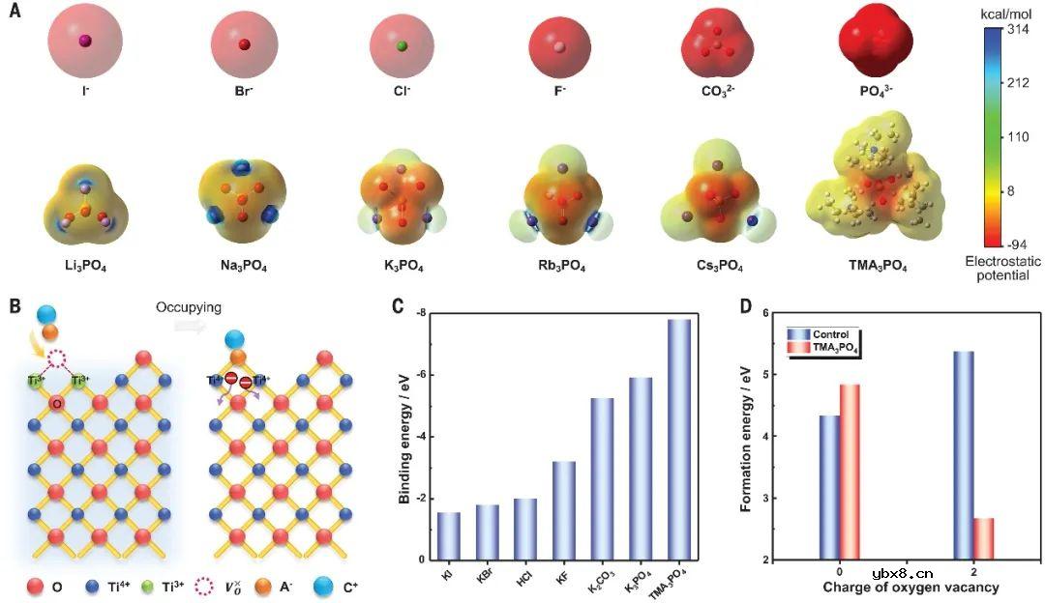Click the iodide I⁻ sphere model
click(x=84, y=42)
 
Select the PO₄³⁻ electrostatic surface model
click(x=875, y=43)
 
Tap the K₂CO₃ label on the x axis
click(x=600, y=580)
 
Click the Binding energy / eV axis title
click(x=405, y=436)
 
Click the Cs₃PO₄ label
click(x=718, y=264)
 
